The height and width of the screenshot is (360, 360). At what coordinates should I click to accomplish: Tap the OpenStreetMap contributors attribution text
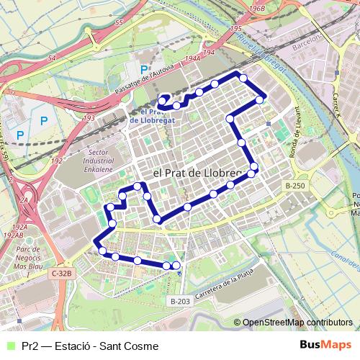pos(297,323)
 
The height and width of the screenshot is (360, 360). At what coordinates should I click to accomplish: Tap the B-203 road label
pos(181,300)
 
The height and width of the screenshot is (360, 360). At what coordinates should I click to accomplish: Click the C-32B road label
pos(63,274)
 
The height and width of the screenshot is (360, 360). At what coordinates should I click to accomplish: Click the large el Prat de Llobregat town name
pos(205,174)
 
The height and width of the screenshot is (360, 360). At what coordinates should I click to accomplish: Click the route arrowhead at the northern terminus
pos(163,99)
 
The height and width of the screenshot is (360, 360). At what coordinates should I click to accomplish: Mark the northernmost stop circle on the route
pos(243,78)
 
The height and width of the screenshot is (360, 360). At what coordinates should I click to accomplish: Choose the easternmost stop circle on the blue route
pos(260,99)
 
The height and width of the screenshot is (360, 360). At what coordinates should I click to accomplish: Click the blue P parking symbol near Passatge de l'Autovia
pos(144,70)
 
